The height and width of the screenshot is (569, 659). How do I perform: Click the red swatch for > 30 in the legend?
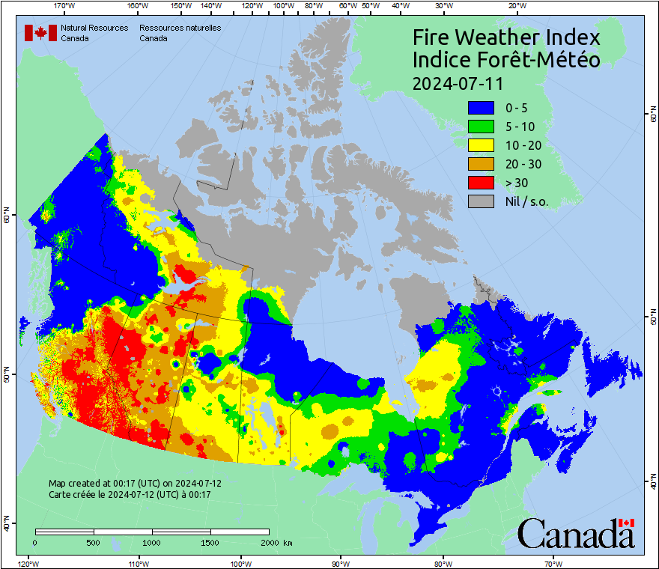(482, 182)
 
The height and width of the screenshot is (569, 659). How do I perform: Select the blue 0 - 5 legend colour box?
(482, 108)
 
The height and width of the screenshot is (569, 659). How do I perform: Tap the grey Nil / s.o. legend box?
(482, 201)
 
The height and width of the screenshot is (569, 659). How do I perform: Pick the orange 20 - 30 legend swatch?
(482, 163)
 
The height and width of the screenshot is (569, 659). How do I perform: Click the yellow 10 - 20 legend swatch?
(482, 145)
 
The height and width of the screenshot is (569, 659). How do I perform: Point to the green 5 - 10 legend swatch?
(482, 127)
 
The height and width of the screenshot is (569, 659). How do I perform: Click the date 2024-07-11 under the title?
(458, 82)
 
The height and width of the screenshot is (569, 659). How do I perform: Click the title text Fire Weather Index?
(506, 37)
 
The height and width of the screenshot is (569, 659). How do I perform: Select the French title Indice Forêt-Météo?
(506, 60)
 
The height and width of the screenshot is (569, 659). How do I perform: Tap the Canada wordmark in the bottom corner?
(576, 533)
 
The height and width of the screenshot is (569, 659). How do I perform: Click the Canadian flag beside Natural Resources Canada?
(40, 32)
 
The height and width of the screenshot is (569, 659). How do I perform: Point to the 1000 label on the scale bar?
(152, 542)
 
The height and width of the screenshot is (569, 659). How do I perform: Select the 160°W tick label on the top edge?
(137, 5)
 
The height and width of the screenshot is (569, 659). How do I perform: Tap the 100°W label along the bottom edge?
(240, 564)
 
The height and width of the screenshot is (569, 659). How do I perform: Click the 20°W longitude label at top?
(515, 5)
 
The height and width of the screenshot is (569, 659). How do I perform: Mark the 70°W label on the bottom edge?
(553, 564)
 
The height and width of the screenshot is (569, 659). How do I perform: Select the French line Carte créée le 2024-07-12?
(130, 494)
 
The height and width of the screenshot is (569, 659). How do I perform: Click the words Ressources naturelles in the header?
(180, 28)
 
